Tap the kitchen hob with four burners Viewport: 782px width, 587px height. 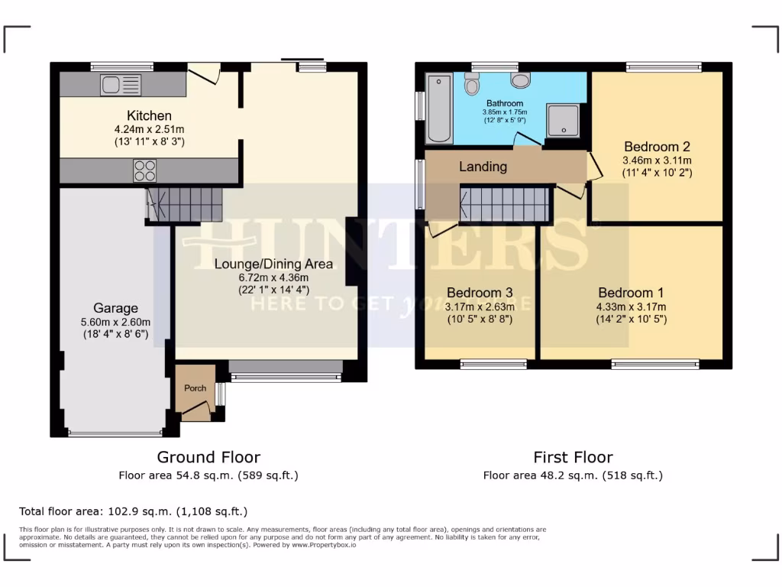click(145, 170)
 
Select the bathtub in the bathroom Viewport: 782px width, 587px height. click(439, 109)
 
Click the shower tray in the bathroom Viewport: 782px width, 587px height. click(564, 121)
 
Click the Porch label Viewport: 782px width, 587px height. click(195, 388)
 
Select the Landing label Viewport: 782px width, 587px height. click(483, 167)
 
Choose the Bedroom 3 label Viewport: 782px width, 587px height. click(479, 293)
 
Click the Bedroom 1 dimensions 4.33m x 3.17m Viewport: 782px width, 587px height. click(631, 306)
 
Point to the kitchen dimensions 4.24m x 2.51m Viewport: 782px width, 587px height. click(149, 129)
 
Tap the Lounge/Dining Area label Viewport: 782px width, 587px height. click(273, 264)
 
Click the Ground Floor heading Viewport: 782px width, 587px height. click(208, 457)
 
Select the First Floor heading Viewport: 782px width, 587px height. click(573, 457)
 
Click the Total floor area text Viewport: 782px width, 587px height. click(133, 511)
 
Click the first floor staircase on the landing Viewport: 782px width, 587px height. click(504, 204)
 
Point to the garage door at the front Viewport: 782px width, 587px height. click(115, 433)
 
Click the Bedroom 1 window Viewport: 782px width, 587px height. click(654, 365)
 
